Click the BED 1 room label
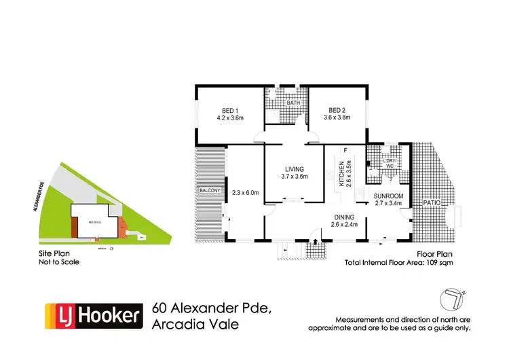[x=230, y=111]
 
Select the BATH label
[x=293, y=104]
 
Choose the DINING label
[x=343, y=217]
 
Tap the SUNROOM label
[x=389, y=196]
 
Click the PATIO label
[x=432, y=202]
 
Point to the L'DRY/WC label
[x=389, y=162]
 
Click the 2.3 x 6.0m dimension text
[x=245, y=192]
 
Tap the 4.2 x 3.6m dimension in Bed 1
[x=230, y=118]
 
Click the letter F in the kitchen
[x=345, y=150]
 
